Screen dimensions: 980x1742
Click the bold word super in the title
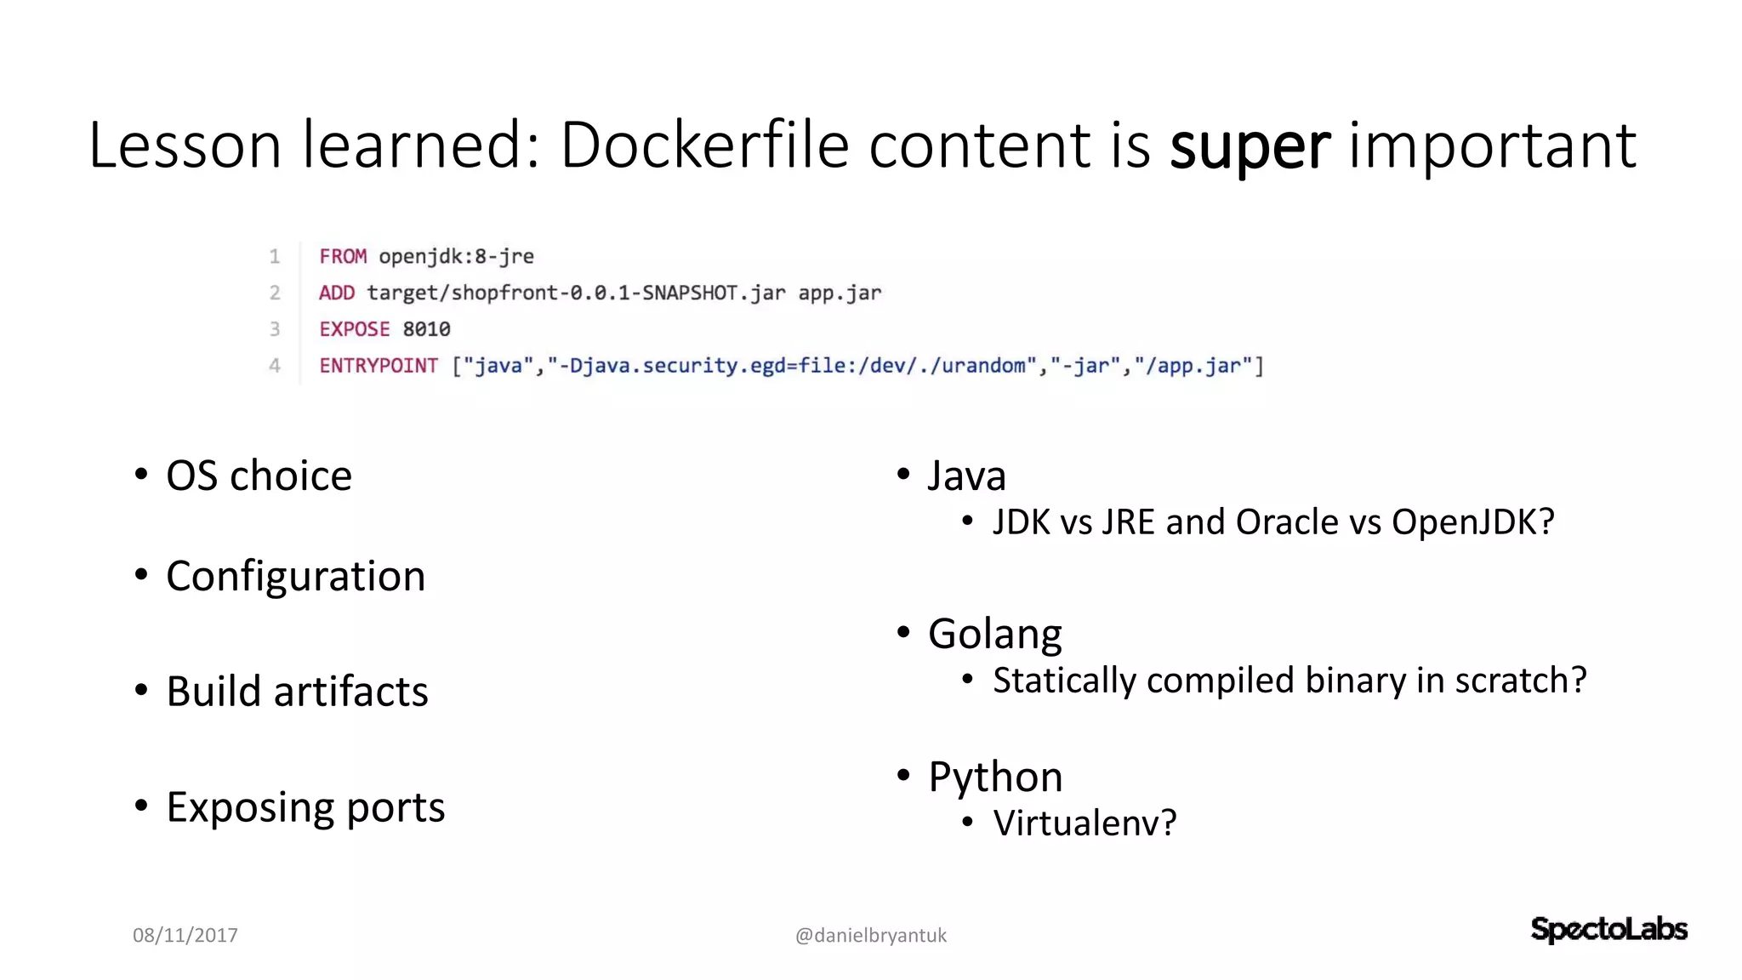pyautogui.click(x=1250, y=146)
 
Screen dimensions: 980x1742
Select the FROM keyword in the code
pyautogui.click(x=343, y=256)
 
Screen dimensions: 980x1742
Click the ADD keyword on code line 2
pyautogui.click(x=337, y=293)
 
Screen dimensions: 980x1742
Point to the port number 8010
pyautogui.click(x=426, y=329)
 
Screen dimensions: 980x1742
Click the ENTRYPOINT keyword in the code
pyautogui.click(x=379, y=366)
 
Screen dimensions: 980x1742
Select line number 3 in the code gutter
pyautogui.click(x=275, y=329)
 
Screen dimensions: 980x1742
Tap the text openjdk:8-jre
pyautogui.click(x=456, y=256)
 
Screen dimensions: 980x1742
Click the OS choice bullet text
pyautogui.click(x=259, y=476)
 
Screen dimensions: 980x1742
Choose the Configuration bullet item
pyautogui.click(x=295, y=576)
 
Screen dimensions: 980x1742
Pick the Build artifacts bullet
pyautogui.click(x=297, y=691)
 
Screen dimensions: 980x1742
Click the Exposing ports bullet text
pyautogui.click(x=305, y=806)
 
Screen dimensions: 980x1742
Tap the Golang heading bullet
pyautogui.click(x=994, y=634)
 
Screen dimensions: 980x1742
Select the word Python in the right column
pyautogui.click(x=995, y=777)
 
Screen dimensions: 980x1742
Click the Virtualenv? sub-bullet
pyautogui.click(x=1084, y=823)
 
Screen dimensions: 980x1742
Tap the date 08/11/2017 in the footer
pyautogui.click(x=185, y=935)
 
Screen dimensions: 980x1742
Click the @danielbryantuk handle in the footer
pyautogui.click(x=870, y=935)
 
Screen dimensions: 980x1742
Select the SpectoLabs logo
pyautogui.click(x=1608, y=929)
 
